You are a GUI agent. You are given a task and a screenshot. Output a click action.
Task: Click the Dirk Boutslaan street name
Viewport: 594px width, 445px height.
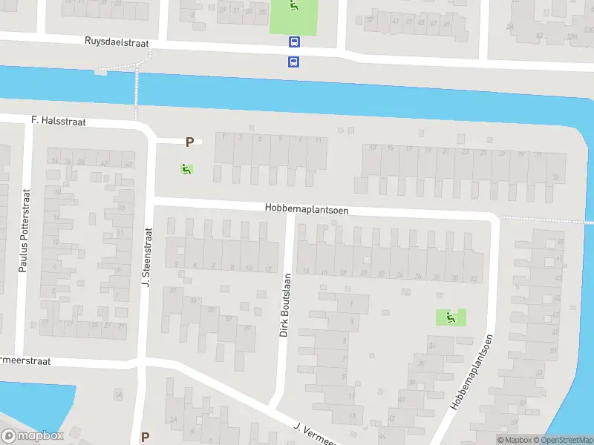[285, 306]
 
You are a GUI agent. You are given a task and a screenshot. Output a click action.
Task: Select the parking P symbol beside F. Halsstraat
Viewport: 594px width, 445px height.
[189, 142]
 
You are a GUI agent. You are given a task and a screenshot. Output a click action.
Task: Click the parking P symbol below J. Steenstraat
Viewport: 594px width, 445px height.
[145, 438]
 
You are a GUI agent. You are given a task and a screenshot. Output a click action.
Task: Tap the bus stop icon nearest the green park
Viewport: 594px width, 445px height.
[294, 43]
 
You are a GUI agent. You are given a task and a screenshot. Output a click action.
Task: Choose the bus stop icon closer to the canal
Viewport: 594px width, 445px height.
[294, 62]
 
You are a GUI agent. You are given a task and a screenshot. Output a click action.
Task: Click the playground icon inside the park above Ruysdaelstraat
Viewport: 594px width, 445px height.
[294, 7]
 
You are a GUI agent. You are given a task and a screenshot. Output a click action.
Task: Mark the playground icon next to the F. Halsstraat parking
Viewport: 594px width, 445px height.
[186, 169]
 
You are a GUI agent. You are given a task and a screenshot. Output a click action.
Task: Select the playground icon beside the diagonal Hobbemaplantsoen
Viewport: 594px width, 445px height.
[450, 317]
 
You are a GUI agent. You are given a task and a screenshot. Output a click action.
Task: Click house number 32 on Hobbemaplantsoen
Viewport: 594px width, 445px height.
[473, 278]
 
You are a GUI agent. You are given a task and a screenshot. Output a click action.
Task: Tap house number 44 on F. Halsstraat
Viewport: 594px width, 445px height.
[128, 164]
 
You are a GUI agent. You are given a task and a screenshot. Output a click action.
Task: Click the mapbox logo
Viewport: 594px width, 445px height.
[33, 436]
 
